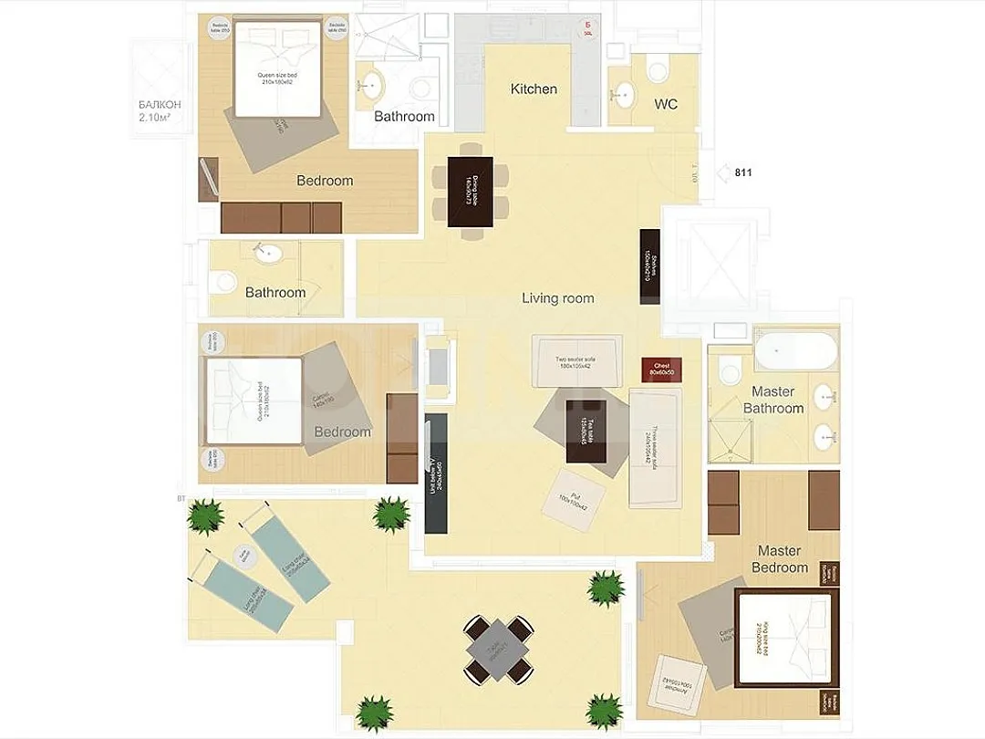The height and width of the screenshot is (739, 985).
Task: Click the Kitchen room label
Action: point(534,88)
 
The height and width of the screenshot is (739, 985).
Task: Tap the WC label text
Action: point(666,104)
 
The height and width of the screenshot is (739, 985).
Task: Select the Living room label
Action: point(557,298)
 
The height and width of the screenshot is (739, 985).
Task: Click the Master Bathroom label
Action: point(773,400)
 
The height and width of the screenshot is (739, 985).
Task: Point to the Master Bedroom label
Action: point(780,559)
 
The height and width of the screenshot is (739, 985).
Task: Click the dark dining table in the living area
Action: point(471,192)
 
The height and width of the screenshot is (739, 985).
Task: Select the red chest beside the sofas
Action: point(661,369)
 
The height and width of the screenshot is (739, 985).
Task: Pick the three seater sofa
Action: point(655,448)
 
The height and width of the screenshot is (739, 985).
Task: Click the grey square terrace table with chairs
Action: point(497,650)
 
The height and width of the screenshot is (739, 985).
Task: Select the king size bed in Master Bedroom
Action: point(787,638)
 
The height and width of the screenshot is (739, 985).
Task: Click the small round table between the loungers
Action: point(244,555)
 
